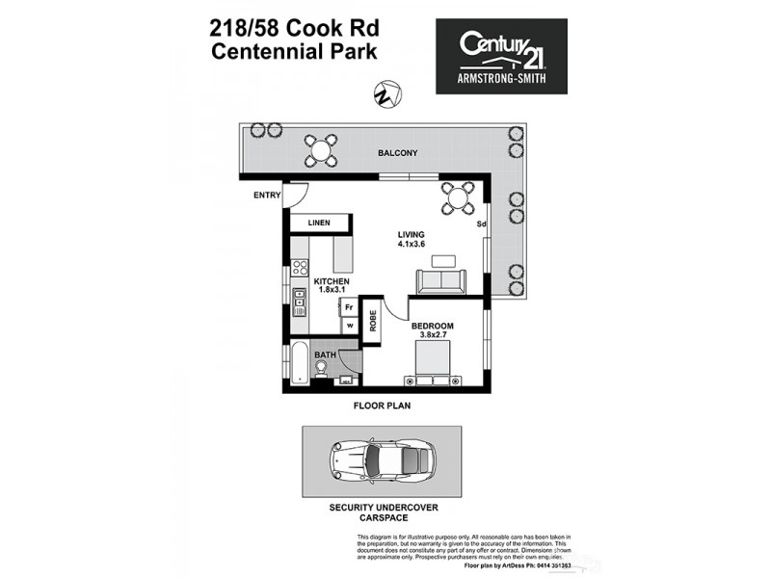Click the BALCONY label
[x=397, y=153]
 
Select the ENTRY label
[x=266, y=196]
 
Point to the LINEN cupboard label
[x=319, y=223]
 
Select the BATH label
[x=325, y=355]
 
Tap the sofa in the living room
[x=440, y=281]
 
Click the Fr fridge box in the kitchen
[x=349, y=307]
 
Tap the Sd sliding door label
[x=481, y=224]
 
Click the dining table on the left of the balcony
[x=321, y=149]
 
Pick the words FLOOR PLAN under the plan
[x=382, y=407]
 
